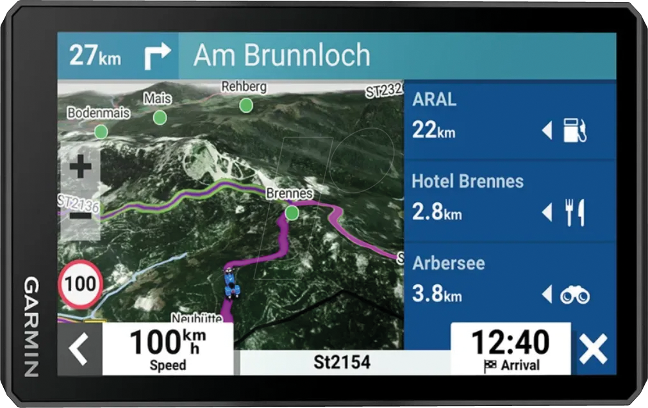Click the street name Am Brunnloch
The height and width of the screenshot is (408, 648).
(x=282, y=56)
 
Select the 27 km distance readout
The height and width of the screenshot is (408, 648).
(x=95, y=56)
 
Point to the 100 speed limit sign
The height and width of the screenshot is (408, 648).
(x=81, y=283)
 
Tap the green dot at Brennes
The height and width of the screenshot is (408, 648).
(x=292, y=213)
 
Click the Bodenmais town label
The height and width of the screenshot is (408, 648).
(x=98, y=113)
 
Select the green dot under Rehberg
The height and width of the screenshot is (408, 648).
(x=246, y=105)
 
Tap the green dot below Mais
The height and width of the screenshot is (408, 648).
(x=160, y=117)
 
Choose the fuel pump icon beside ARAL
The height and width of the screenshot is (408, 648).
(x=574, y=131)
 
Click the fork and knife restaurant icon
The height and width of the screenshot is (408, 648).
(x=574, y=213)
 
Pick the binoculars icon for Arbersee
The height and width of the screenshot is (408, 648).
(x=574, y=295)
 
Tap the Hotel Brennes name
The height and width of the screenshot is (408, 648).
(x=467, y=181)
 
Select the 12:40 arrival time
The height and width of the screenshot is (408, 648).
(x=510, y=343)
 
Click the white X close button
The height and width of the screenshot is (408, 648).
(x=593, y=350)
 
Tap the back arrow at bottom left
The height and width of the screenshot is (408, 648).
(x=79, y=350)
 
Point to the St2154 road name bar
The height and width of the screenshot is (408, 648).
(x=342, y=363)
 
